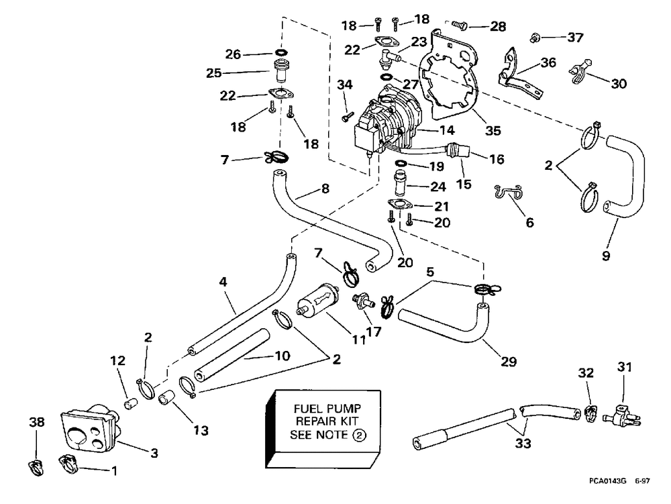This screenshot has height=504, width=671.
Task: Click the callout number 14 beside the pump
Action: click(446, 130)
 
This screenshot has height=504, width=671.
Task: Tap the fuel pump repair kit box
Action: click(323, 428)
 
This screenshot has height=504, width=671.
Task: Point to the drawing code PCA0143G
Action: click(607, 481)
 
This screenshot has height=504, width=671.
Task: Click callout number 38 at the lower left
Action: click(36, 422)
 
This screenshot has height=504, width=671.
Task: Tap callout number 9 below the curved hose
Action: click(605, 256)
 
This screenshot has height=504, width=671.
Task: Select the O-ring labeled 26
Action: click(281, 52)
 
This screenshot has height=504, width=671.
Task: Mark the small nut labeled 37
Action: click(534, 38)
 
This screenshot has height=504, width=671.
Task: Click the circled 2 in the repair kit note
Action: click(360, 436)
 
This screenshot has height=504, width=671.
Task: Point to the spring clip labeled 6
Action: click(509, 192)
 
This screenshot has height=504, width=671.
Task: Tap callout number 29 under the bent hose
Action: click(509, 362)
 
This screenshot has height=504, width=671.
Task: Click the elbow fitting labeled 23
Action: click(386, 58)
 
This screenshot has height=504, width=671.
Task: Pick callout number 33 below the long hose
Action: click(523, 443)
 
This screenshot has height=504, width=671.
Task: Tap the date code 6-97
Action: click(642, 481)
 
